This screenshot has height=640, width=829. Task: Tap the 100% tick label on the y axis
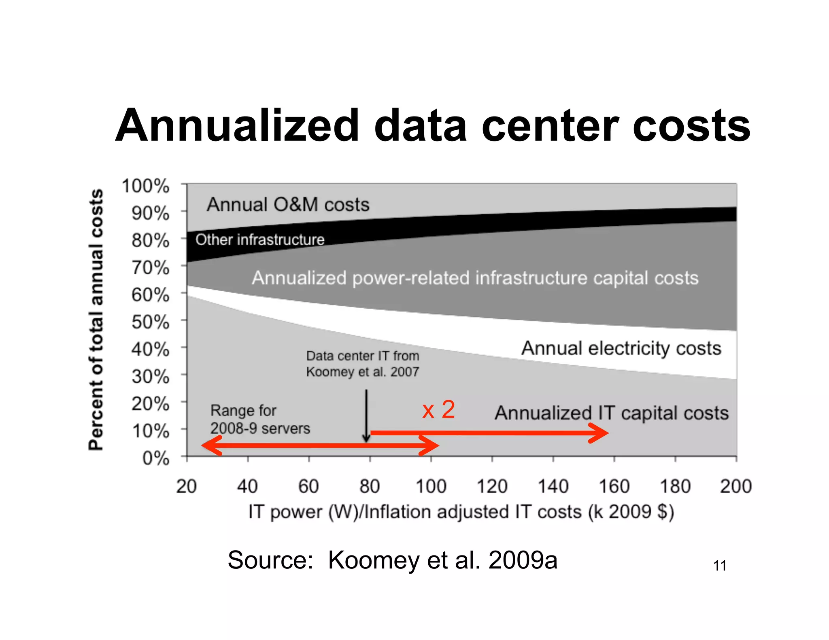tap(145, 186)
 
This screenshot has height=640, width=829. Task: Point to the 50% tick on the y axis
tap(150, 322)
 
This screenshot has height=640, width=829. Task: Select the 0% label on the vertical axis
tap(155, 458)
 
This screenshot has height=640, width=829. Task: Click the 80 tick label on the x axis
tap(369, 486)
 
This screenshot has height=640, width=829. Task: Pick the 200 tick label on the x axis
tap(735, 486)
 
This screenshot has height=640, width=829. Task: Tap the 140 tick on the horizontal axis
tap(553, 486)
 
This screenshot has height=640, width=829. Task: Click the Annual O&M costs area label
tap(288, 204)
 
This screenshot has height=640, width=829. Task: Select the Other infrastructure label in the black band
tap(260, 239)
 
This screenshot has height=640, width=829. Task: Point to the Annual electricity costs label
tap(621, 348)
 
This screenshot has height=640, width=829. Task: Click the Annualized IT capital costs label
tap(611, 413)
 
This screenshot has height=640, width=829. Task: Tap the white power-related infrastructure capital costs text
tap(475, 278)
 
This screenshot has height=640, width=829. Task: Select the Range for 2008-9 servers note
tap(259, 419)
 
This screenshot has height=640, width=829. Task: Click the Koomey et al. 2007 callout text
tap(362, 364)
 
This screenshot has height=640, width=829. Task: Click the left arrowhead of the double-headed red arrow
tap(211, 446)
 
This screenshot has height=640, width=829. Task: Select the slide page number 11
tap(719, 565)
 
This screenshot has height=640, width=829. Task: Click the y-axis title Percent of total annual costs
tap(96, 320)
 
